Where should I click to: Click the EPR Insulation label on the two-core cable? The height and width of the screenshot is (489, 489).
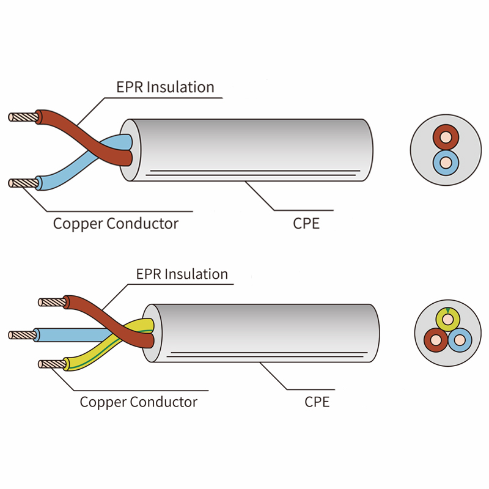point(165,87)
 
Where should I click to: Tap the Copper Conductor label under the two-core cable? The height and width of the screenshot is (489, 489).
point(116,223)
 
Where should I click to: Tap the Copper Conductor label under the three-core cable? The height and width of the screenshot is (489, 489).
point(139,402)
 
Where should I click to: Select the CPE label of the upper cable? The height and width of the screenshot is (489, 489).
point(306,223)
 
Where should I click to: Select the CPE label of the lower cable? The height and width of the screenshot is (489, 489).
point(317,402)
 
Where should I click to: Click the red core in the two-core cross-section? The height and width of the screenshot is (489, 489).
point(446,136)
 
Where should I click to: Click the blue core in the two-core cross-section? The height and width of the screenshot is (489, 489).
point(446,163)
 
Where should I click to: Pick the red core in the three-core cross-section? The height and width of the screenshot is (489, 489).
point(436,339)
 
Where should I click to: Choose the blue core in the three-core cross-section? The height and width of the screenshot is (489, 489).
point(460,339)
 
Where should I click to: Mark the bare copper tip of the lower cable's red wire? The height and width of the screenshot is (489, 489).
point(51,301)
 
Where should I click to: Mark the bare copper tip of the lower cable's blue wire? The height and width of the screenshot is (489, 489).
point(21,334)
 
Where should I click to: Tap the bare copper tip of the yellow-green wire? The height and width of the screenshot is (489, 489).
point(50,364)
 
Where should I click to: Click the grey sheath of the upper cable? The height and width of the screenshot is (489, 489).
point(257,147)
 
